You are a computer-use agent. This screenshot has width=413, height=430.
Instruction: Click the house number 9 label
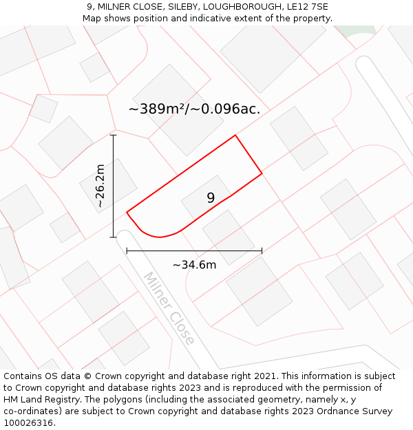pos(211,198)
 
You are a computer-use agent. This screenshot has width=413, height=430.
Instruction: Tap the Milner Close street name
pos(169,308)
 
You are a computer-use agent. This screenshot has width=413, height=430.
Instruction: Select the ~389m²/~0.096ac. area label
pos(194,109)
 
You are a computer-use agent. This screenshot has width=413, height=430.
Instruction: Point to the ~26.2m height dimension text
pos(100,186)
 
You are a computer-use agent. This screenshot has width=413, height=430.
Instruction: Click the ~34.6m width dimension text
pos(194,265)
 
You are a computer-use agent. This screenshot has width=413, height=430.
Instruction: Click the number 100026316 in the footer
pos(28,423)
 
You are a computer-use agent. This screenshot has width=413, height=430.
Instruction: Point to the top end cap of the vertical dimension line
pos(114,136)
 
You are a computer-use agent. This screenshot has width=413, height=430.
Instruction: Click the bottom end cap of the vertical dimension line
pos(114,237)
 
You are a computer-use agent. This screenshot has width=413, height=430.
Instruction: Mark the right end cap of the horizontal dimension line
pos(262,251)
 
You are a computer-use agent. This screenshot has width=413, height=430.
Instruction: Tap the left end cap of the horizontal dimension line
pos(127,251)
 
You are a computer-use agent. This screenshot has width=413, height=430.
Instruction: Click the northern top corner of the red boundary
pos(235,135)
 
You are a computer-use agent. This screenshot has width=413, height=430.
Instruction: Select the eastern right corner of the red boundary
pos(262,173)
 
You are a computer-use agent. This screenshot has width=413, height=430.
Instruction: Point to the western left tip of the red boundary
pos(127,212)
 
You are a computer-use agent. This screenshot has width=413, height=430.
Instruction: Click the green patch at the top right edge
pos(363,30)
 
